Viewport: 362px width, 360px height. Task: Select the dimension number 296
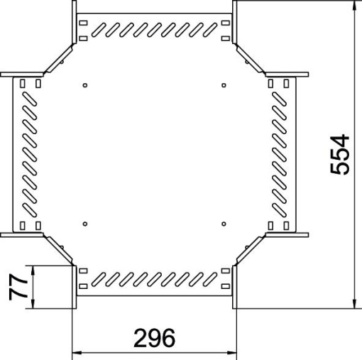[154, 337]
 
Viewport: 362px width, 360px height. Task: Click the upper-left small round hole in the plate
[85, 87]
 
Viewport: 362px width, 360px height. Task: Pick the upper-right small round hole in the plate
[223, 87]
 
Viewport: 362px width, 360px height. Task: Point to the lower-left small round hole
[85, 224]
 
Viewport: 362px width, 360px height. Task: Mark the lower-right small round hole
[223, 224]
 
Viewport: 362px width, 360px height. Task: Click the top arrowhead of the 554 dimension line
[354, 6]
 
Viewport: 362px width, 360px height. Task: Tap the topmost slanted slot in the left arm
[30, 99]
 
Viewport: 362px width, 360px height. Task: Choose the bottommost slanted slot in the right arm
[279, 211]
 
